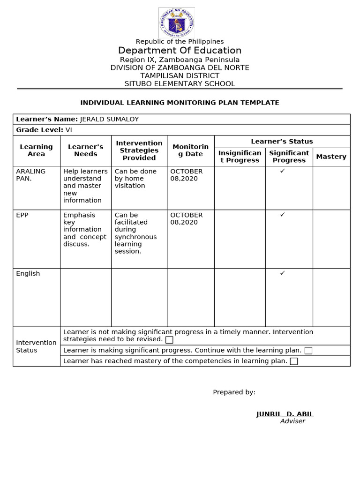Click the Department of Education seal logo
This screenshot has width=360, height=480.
tap(177, 22)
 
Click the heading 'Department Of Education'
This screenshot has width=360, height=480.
tap(180, 51)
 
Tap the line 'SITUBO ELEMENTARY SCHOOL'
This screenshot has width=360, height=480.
tap(180, 84)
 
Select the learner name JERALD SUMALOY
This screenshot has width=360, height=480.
tap(110, 119)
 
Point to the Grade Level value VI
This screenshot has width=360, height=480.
tap(69, 130)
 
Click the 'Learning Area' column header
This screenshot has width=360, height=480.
tap(37, 150)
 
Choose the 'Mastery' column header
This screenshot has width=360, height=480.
tap(331, 157)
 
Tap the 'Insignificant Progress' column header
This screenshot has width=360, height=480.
tap(240, 157)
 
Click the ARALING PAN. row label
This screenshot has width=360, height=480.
tap(31, 175)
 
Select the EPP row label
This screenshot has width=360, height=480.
tap(22, 215)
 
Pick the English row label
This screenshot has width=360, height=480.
tap(28, 273)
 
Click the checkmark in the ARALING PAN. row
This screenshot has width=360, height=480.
tap(283, 171)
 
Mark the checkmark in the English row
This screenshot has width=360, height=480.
tap(283, 273)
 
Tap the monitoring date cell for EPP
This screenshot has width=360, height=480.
tap(187, 218)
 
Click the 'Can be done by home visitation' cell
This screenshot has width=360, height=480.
tap(135, 179)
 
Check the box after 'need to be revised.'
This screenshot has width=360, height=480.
tap(169, 340)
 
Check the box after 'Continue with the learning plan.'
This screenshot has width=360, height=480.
tap(308, 351)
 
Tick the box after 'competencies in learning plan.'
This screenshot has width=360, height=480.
tap(294, 361)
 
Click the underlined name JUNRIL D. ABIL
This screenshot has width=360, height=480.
tap(285, 414)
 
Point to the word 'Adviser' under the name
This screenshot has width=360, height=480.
tap(292, 421)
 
